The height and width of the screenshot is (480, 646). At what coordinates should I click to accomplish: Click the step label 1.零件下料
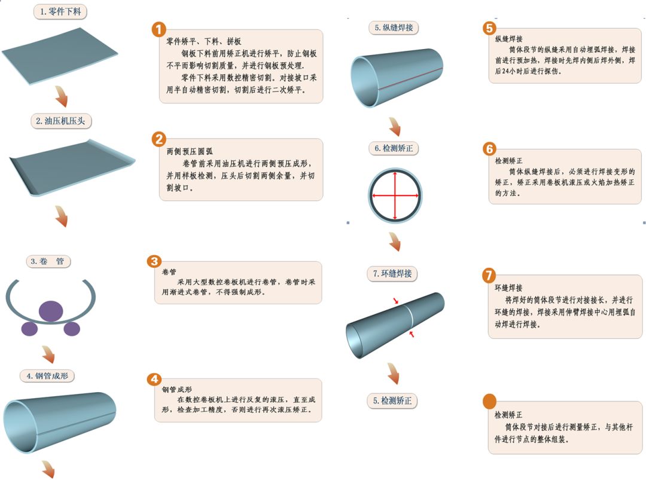click(x=60, y=11)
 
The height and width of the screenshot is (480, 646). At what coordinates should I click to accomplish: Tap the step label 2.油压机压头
click(x=60, y=121)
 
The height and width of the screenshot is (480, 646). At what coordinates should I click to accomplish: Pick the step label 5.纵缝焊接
click(x=394, y=27)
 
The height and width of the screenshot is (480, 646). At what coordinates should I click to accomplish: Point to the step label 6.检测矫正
click(x=394, y=148)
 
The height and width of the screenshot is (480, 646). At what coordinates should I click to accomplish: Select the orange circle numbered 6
click(x=489, y=149)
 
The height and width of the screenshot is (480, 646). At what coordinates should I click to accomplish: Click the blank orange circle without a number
click(x=489, y=401)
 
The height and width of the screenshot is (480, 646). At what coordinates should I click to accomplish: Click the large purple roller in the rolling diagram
click(x=51, y=311)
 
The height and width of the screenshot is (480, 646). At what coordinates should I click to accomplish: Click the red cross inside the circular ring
click(x=395, y=195)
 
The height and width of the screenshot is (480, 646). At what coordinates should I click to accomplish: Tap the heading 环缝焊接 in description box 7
click(x=508, y=288)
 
